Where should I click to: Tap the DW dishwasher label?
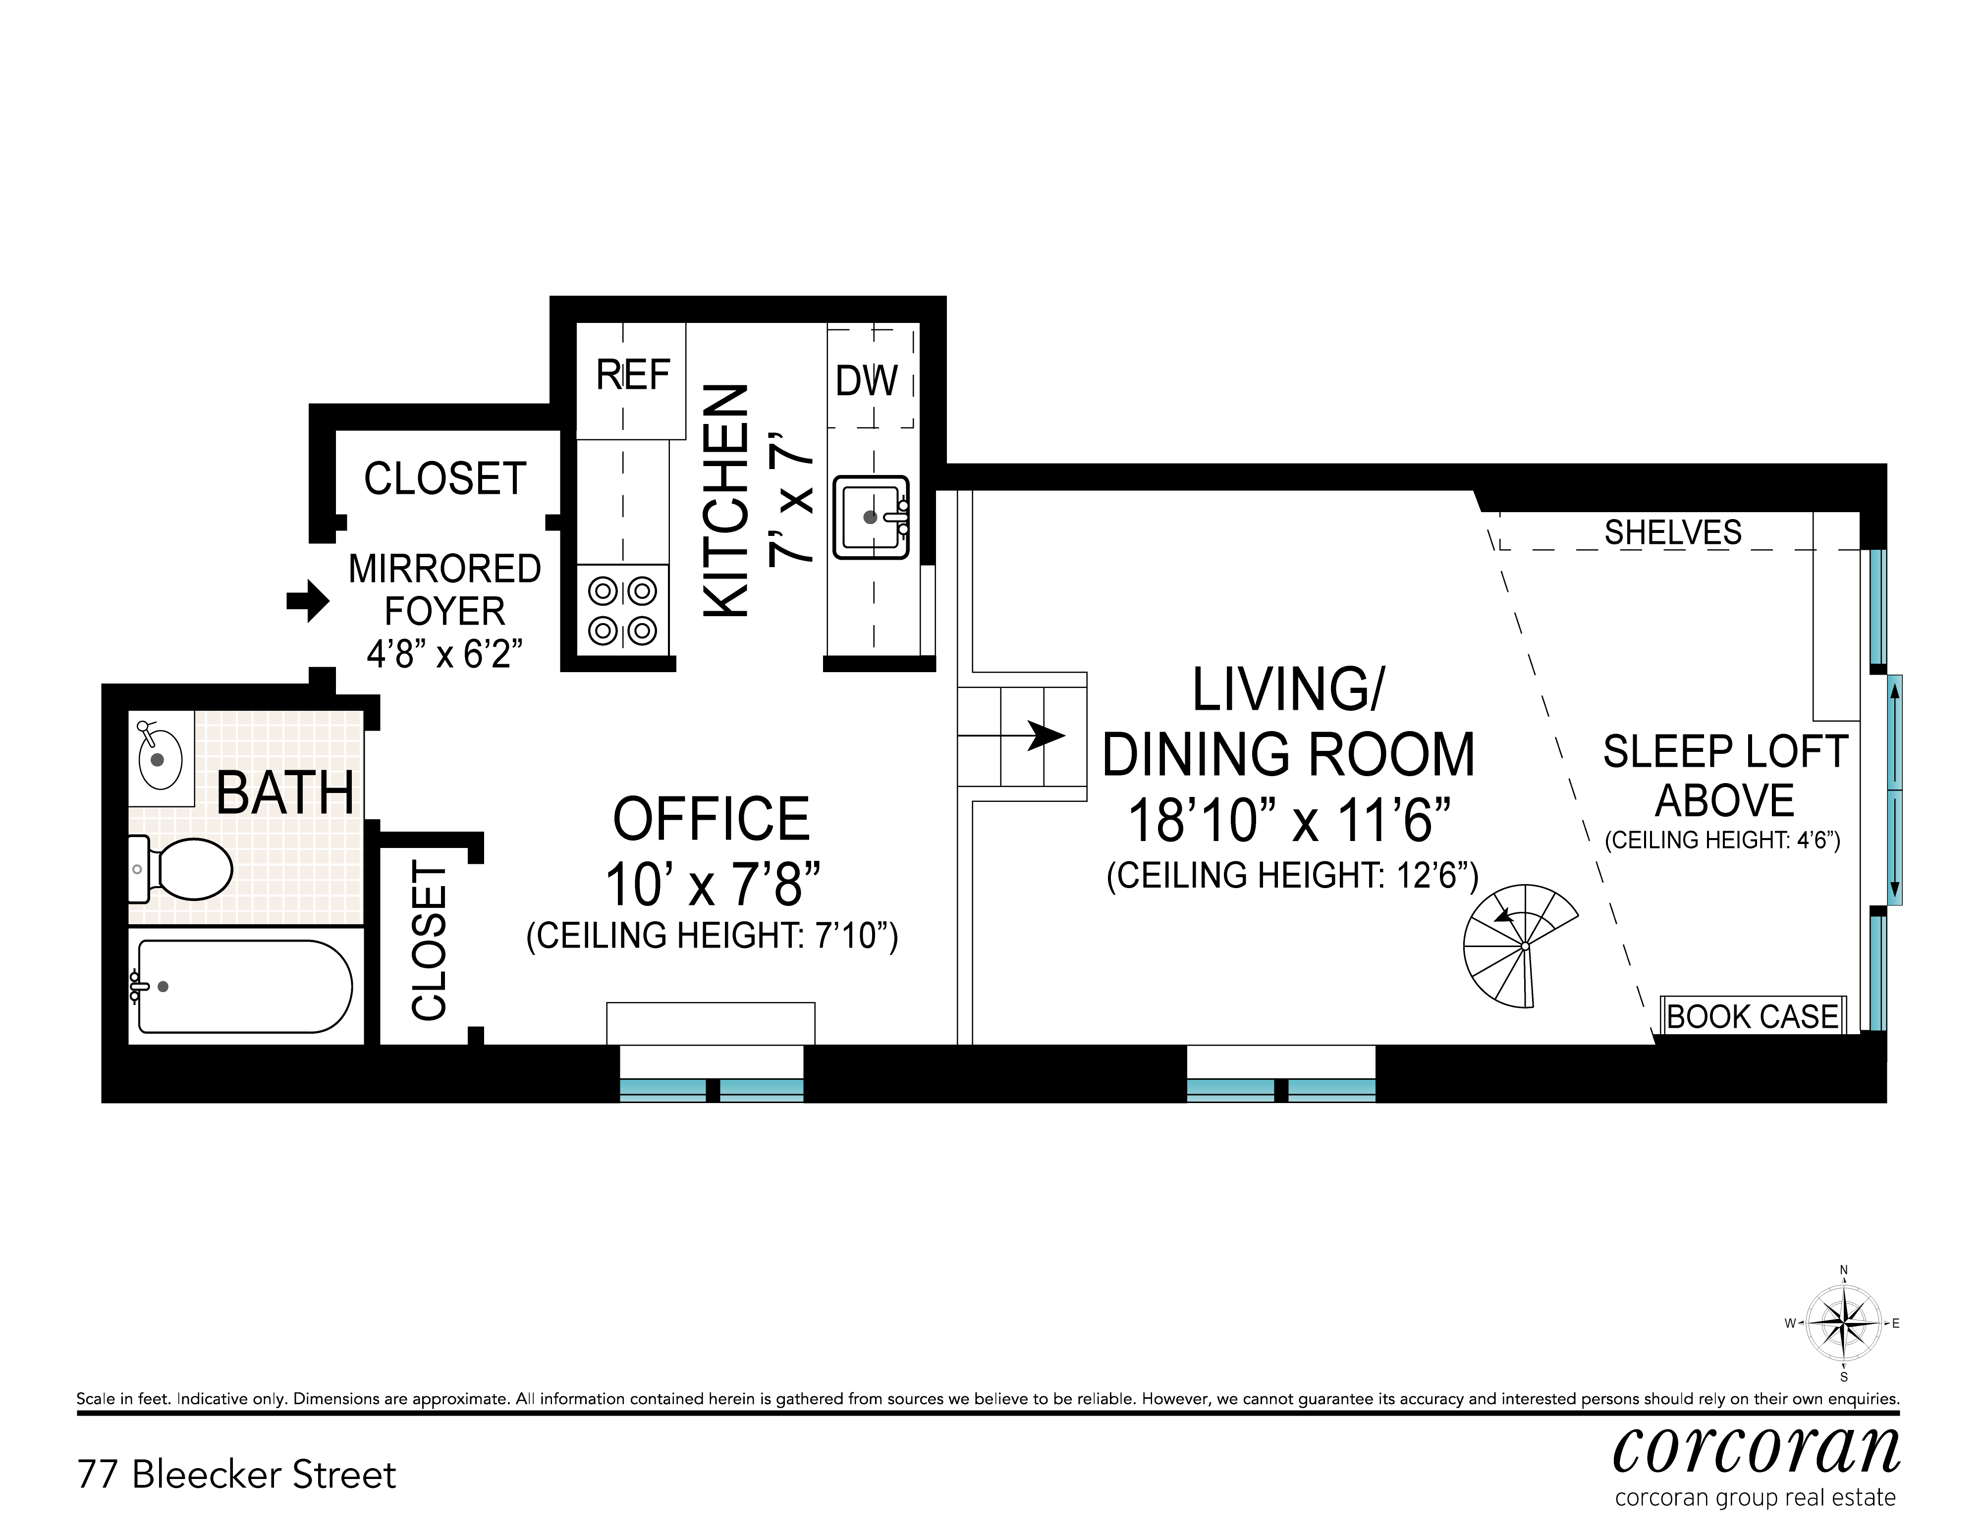click(x=866, y=381)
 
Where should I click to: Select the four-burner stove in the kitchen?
click(x=623, y=611)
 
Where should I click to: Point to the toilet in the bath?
click(x=181, y=868)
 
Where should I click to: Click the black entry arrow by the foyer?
click(x=308, y=601)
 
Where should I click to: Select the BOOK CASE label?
click(x=1753, y=1016)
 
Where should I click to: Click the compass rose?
click(x=1843, y=1323)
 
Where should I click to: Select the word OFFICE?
click(x=711, y=820)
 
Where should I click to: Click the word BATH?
click(x=285, y=793)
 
